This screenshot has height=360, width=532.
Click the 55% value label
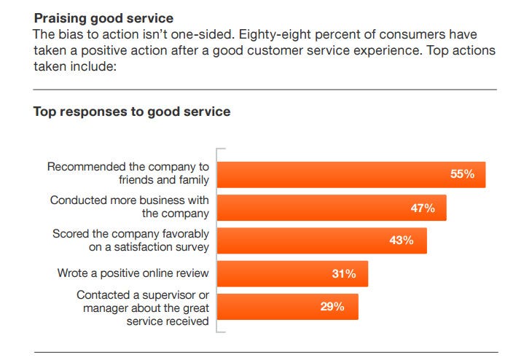pyautogui.click(x=462, y=174)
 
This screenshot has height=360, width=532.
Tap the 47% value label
pyautogui.click(x=423, y=208)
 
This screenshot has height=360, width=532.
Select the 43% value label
pyautogui.click(x=402, y=240)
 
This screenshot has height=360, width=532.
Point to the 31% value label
pyautogui.click(x=343, y=274)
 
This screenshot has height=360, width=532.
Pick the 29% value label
pyautogui.click(x=332, y=307)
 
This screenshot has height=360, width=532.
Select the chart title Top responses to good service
pyautogui.click(x=131, y=112)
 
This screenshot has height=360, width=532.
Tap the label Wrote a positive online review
pyautogui.click(x=133, y=273)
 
